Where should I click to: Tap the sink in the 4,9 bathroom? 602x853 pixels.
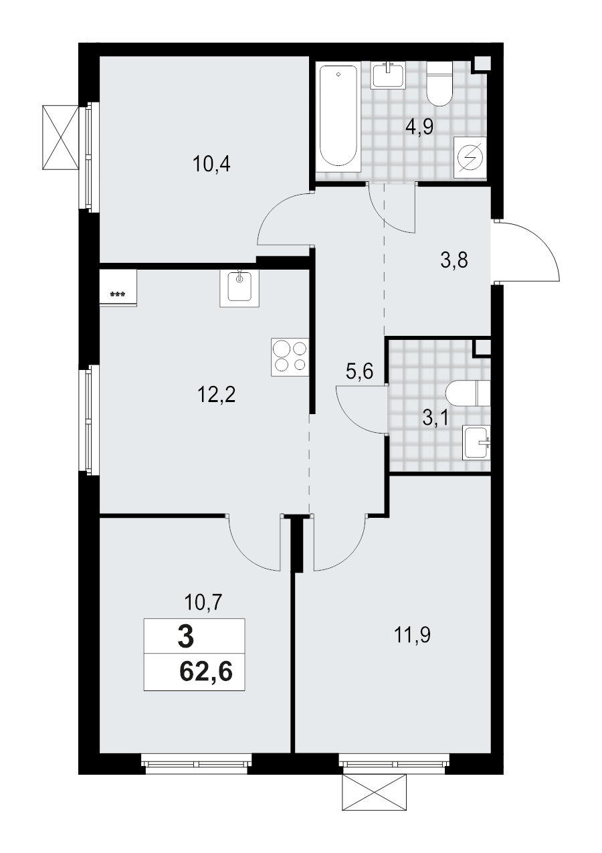[388, 75]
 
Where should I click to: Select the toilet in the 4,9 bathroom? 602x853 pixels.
[439, 84]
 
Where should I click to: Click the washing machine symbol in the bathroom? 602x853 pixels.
[470, 157]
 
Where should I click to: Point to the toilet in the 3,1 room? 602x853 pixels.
[470, 393]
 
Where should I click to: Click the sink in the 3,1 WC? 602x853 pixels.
[477, 442]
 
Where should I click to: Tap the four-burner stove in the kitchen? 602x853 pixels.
[290, 357]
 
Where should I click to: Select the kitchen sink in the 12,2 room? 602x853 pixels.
[239, 288]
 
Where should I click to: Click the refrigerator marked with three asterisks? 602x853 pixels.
[118, 288]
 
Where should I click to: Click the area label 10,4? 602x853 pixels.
[211, 164]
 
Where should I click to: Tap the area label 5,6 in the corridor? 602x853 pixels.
[359, 373]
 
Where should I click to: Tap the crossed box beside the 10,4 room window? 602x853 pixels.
[60, 138]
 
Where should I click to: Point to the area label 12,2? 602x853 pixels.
[218, 396]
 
